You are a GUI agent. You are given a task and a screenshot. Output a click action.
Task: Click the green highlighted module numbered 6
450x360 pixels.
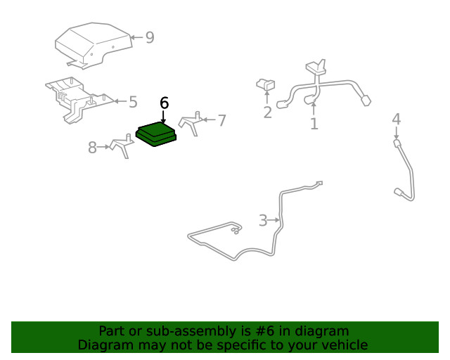pos(156,133)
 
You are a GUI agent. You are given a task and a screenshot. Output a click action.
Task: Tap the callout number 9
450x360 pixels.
pos(149,37)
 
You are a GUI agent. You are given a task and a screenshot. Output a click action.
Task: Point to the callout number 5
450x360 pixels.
pos(133,102)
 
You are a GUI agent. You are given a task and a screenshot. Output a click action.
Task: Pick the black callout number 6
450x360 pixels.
pos(164,103)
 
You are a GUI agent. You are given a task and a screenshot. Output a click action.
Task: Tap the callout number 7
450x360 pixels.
pos(221,121)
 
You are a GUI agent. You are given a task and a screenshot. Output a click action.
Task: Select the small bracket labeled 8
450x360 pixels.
pos(121,146)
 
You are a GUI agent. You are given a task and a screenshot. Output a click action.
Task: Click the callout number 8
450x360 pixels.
pos(92,148)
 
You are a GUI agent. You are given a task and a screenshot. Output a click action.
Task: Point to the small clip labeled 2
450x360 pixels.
pos(266,85)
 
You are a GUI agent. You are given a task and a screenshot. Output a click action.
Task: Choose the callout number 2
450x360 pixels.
pos(267,112)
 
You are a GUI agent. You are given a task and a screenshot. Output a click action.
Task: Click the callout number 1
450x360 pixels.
pos(314,124)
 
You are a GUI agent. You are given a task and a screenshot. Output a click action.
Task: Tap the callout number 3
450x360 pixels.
pos(263,221)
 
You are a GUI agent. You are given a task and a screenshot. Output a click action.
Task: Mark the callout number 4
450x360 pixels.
pos(396,119)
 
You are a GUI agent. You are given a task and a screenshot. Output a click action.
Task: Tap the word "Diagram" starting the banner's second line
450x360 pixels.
pos(103,345)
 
